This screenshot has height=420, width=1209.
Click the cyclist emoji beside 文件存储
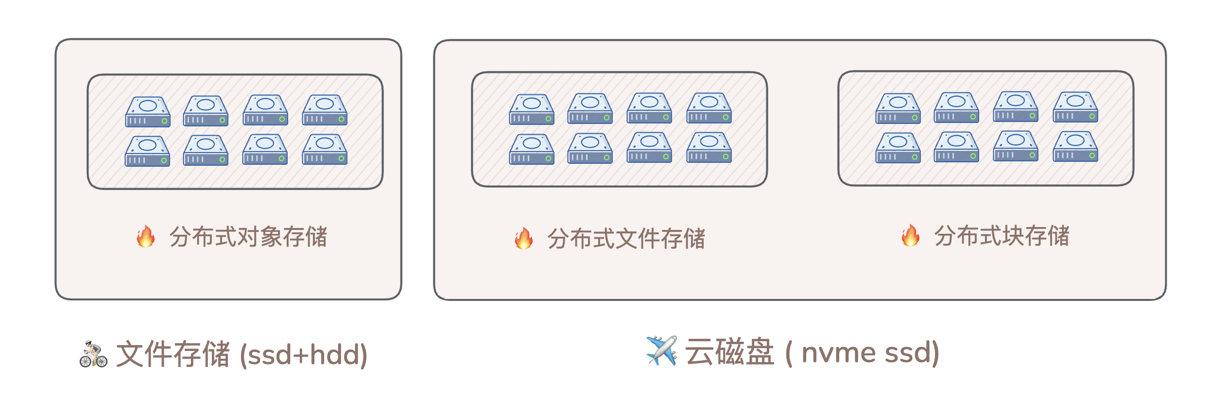(93, 354)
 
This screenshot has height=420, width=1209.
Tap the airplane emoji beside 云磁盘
(661, 350)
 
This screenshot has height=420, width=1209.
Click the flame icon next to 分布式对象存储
(146, 236)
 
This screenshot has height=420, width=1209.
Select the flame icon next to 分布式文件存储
(523, 238)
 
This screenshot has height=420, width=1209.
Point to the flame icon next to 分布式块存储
(910, 235)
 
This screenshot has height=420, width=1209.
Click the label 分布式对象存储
(248, 237)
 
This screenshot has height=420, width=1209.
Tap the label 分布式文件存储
(626, 239)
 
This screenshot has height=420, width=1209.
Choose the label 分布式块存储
(1002, 236)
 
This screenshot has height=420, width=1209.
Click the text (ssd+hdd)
(304, 354)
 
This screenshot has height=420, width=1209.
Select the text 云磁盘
(729, 352)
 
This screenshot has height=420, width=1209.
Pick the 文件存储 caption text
(173, 354)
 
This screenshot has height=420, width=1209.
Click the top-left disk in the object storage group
(148, 112)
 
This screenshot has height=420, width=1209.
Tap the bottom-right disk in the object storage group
(325, 150)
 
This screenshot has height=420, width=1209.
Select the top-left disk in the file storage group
(532, 109)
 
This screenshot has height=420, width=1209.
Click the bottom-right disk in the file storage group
(709, 147)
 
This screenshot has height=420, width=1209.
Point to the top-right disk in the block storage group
(1075, 107)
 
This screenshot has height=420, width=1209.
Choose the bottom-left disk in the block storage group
(898, 148)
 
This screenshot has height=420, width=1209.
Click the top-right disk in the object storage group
(325, 110)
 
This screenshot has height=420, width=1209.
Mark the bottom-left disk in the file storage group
(532, 149)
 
